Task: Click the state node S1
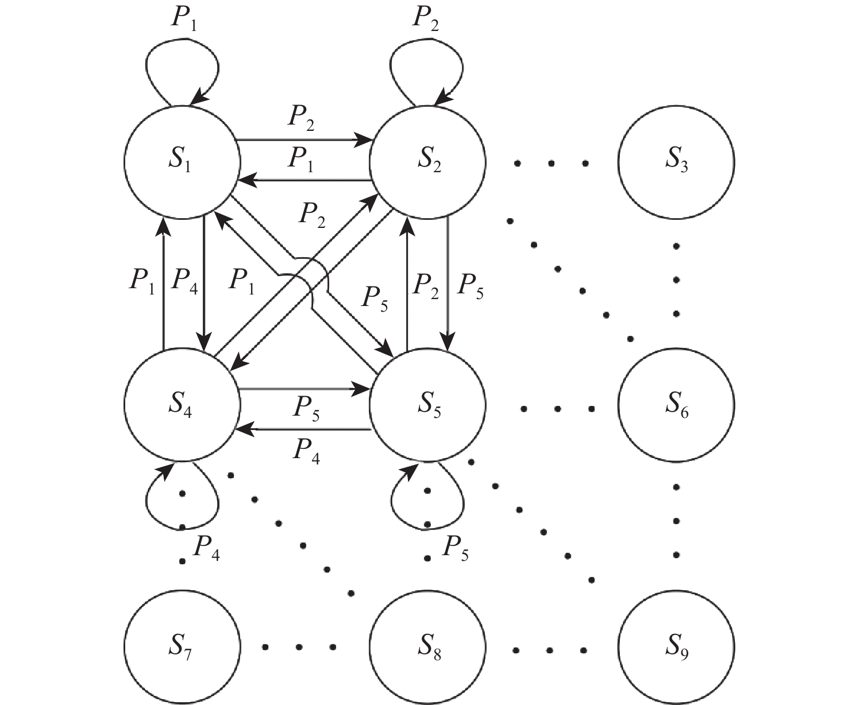point(182,161)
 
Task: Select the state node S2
point(427,161)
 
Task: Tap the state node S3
point(676,161)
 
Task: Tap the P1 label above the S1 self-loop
point(186,20)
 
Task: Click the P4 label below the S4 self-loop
point(206,548)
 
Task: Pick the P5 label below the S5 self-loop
point(455,548)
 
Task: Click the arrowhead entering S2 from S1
point(363,139)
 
